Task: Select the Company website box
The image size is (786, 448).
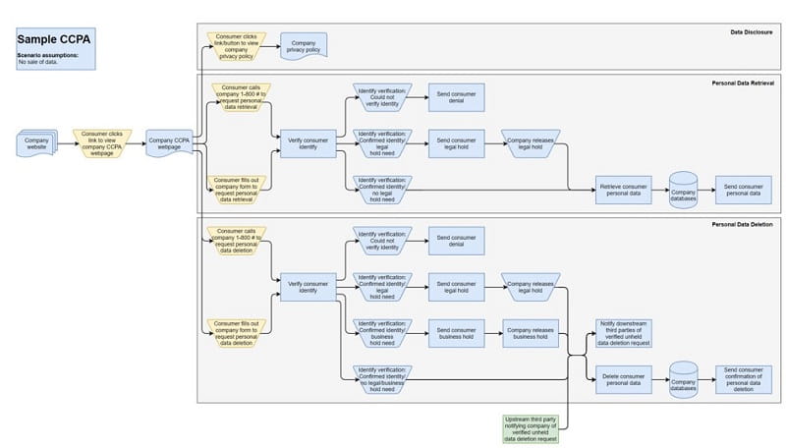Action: point(36,144)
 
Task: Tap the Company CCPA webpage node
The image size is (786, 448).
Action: point(169,144)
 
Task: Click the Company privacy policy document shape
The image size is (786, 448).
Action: point(304,45)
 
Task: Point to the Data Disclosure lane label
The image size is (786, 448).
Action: point(752,32)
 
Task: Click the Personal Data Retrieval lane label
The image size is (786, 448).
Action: point(743,84)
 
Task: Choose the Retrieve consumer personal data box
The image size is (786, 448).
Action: point(623,190)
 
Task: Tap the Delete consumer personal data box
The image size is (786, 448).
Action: point(623,379)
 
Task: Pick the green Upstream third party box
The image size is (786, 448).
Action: point(531,426)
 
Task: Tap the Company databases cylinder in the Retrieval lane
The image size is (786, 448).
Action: point(685,190)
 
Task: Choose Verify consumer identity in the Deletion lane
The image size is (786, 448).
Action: point(308,286)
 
